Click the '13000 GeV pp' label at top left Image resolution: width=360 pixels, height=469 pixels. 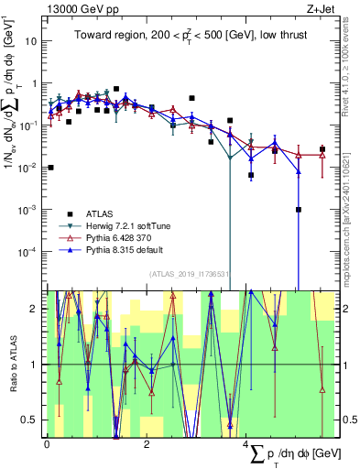(79, 9)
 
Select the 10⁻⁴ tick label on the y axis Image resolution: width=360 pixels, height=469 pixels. (29, 251)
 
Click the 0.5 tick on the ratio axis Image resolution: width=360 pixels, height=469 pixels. (32, 420)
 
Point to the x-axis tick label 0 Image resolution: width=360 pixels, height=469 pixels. (47, 443)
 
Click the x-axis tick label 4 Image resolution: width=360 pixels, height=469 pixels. (247, 443)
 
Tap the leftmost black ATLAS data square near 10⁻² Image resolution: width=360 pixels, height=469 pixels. (51, 168)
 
